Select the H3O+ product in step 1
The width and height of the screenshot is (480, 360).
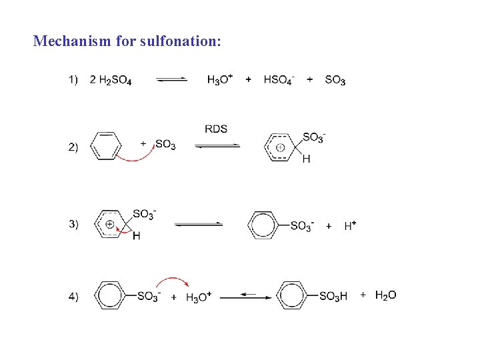click(x=220, y=80)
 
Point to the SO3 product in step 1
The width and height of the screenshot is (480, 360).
click(x=335, y=81)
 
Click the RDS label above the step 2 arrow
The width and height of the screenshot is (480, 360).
click(x=216, y=129)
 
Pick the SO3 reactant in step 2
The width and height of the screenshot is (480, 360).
click(x=165, y=145)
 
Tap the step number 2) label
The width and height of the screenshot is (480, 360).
click(x=73, y=147)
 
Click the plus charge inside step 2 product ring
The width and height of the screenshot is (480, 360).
click(x=281, y=147)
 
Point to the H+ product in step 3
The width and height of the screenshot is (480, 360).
click(x=350, y=226)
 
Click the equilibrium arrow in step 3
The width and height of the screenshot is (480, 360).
click(x=199, y=225)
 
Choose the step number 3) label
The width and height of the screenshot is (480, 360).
click(x=73, y=224)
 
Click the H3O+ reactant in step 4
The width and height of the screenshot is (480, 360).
click(x=199, y=297)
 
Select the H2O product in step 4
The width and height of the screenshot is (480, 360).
click(x=385, y=295)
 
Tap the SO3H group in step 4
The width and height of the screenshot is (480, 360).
click(x=333, y=297)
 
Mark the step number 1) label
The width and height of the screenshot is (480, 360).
click(x=73, y=81)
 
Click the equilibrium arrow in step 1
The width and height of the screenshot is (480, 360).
click(x=171, y=80)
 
